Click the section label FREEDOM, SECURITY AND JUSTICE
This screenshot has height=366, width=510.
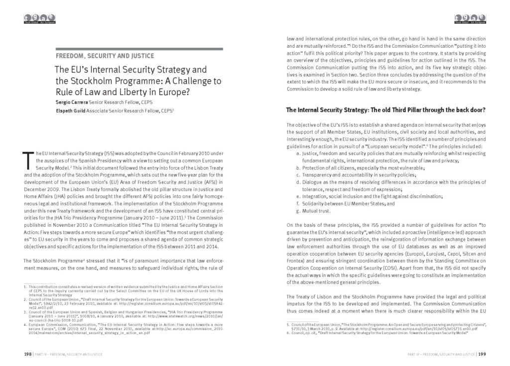pyautogui.click(x=105, y=56)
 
